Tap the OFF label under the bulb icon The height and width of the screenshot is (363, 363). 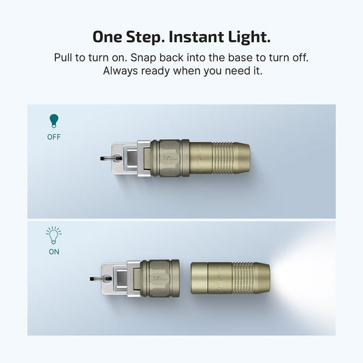point(53,136)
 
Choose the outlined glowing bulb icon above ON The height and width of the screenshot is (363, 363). point(53,236)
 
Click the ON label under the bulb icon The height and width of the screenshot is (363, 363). point(53,251)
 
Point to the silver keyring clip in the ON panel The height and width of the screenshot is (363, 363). point(116,277)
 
